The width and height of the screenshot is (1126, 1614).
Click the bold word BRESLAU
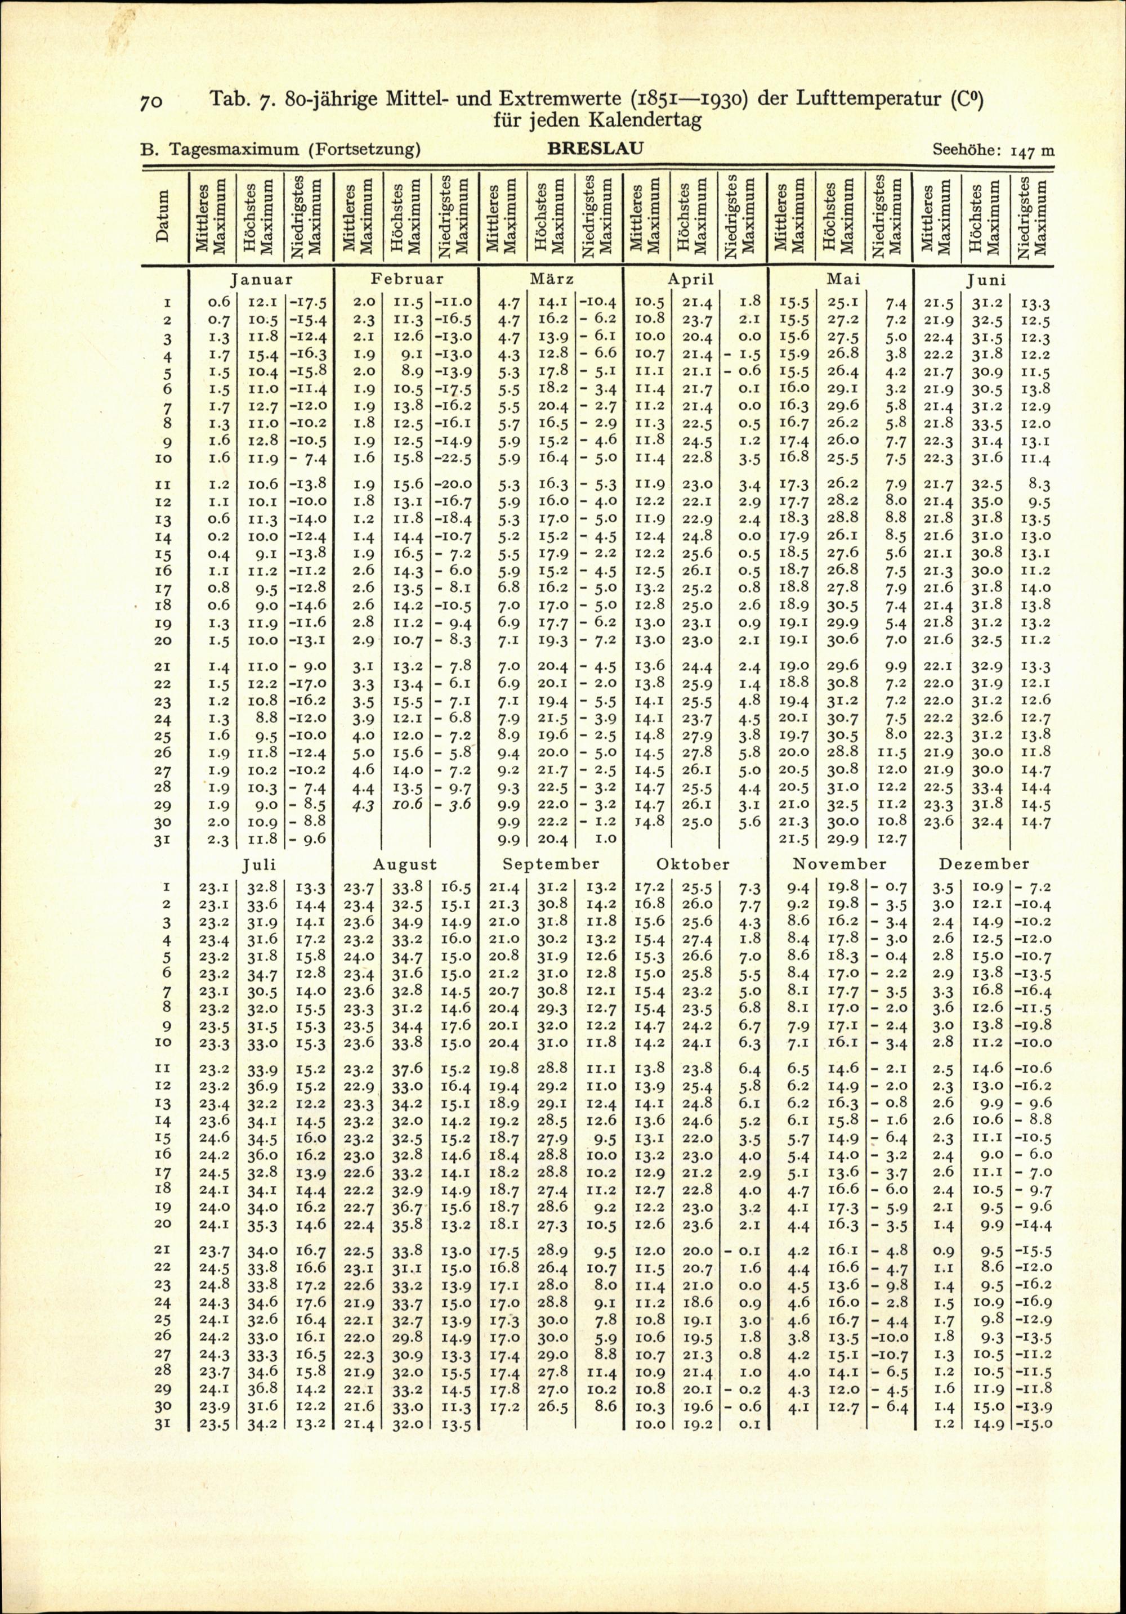tap(595, 149)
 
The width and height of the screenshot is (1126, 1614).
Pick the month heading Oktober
tap(692, 864)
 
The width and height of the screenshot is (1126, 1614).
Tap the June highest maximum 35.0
tap(984, 503)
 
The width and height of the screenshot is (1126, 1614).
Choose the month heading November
tap(839, 864)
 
